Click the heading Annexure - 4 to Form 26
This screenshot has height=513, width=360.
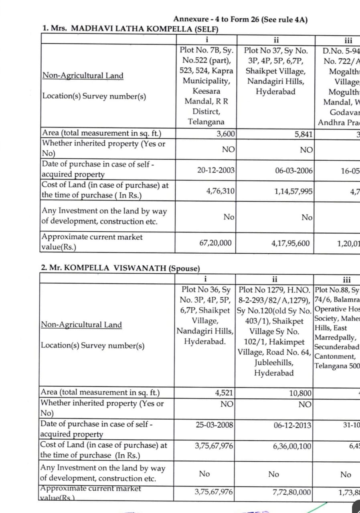(x=240, y=19)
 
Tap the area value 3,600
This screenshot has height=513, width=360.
(x=226, y=134)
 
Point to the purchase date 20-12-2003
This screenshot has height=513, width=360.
(x=216, y=170)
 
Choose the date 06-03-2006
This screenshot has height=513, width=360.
(x=294, y=170)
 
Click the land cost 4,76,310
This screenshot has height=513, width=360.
(x=220, y=191)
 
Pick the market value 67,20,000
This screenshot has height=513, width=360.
(x=215, y=243)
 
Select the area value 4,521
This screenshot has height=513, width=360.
(x=224, y=393)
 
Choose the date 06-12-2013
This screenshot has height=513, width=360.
(x=293, y=425)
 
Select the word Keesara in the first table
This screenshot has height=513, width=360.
(x=206, y=91)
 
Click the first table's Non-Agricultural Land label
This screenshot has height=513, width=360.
(x=83, y=76)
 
